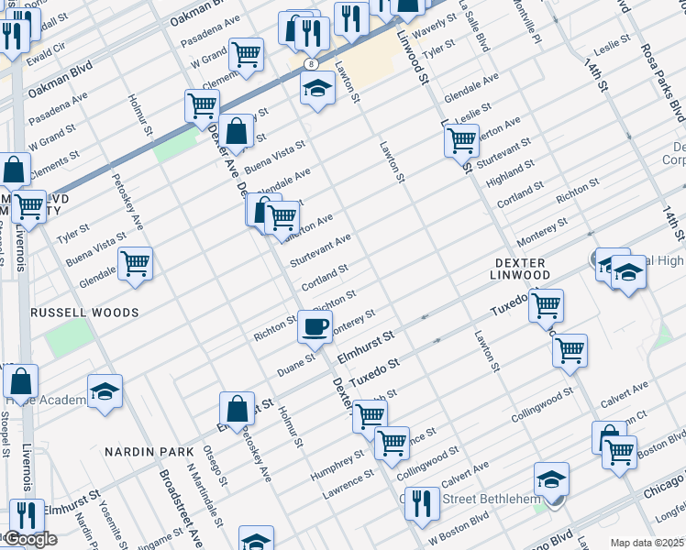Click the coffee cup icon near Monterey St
[x=315, y=325]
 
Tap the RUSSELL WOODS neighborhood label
[x=84, y=313]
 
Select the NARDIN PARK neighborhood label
[x=149, y=452]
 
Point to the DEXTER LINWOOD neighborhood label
[x=516, y=269]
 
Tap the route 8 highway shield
[x=312, y=63]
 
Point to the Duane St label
[x=296, y=365]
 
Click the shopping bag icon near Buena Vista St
[x=237, y=131]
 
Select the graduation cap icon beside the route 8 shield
[x=317, y=89]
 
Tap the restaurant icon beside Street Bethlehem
[x=422, y=504]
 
